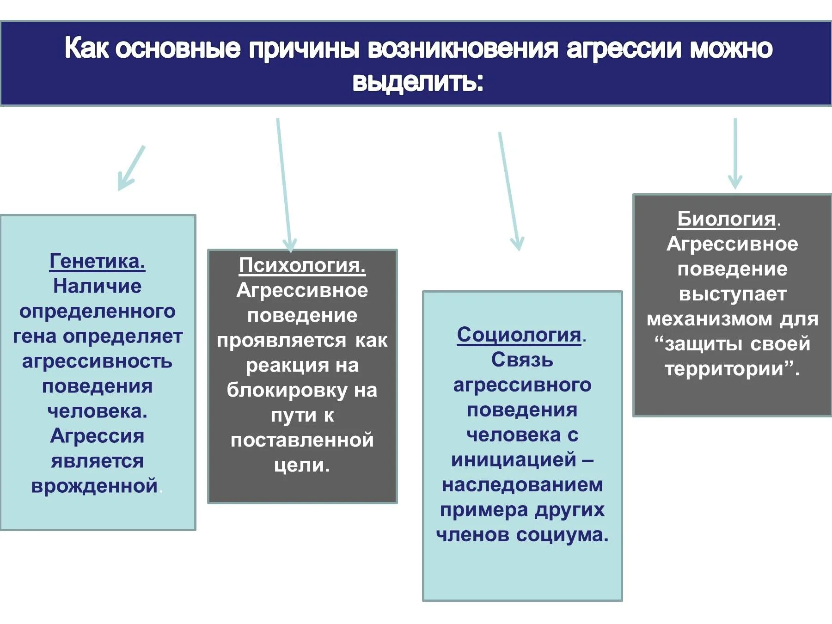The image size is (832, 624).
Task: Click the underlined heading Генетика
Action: [x=97, y=261]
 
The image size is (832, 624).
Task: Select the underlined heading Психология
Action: [x=302, y=265]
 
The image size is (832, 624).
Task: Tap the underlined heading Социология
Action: [x=519, y=335]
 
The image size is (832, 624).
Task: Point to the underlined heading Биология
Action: [x=726, y=219]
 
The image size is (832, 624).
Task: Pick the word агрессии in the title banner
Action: [x=624, y=49]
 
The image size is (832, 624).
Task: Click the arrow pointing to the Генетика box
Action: [x=131, y=168]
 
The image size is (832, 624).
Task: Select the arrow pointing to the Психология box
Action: [x=284, y=185]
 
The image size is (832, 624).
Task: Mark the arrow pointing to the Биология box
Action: [x=735, y=153]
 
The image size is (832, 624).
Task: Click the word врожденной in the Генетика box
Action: [x=95, y=486]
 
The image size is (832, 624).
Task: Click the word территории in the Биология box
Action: [x=724, y=369]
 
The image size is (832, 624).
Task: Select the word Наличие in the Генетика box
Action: [x=97, y=286]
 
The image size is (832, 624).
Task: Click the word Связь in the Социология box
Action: [x=522, y=360]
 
